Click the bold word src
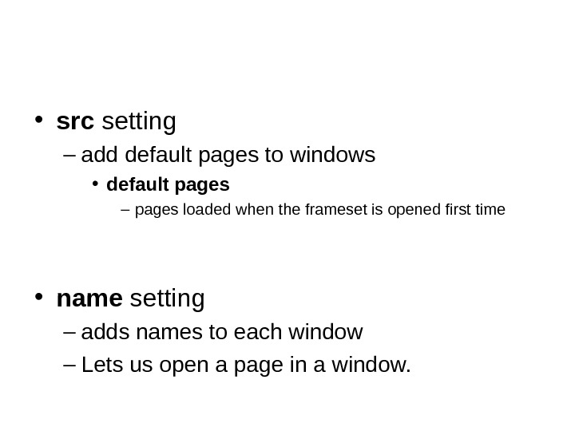coord(75,123)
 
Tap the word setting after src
coord(139,123)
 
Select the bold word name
coord(89,299)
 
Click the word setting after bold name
coord(167,299)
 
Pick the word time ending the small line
coord(488,211)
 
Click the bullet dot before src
coord(38,121)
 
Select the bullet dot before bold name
coord(38,299)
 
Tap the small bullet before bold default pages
coord(94,185)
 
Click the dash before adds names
coord(68,332)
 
